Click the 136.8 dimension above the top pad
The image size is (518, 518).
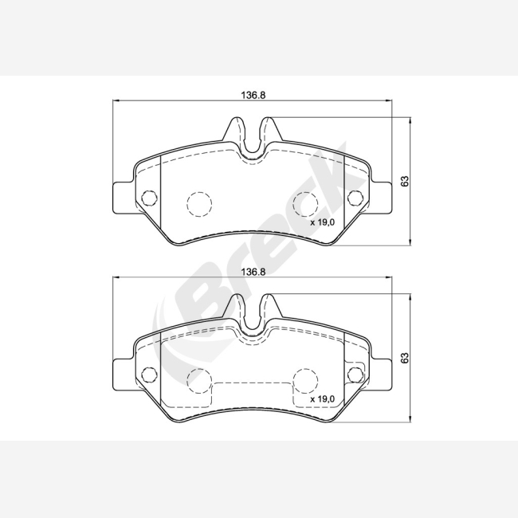[x=253, y=95]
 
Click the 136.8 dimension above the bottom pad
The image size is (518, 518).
[x=253, y=272]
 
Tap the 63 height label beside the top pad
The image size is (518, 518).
[x=405, y=181]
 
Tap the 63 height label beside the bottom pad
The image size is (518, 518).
[x=405, y=358]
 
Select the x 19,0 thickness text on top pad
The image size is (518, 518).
[x=323, y=222]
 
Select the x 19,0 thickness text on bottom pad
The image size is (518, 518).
[x=323, y=399]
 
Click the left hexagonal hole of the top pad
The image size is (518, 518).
[x=149, y=198]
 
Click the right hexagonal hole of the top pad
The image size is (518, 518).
[x=355, y=198]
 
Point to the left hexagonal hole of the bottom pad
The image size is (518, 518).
[x=149, y=375]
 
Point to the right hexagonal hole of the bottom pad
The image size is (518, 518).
[x=355, y=375]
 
